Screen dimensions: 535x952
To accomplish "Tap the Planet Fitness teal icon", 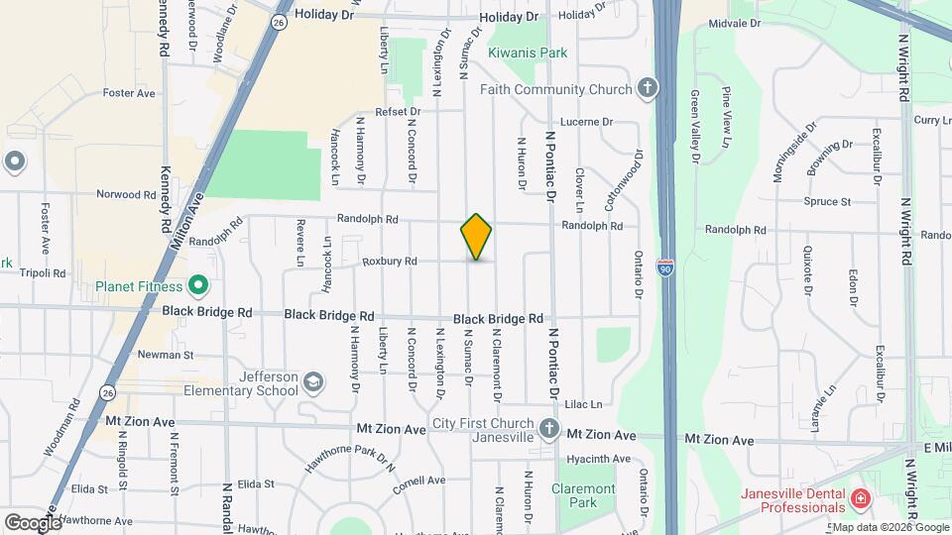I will click(x=197, y=287).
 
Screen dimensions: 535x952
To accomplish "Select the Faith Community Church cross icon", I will click(x=648, y=89).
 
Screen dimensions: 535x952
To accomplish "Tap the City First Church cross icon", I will click(x=549, y=429).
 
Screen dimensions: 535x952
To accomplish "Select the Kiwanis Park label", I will click(x=528, y=53).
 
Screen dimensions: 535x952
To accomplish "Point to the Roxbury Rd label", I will click(x=389, y=262).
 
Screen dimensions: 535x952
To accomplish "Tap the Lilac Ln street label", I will click(x=583, y=404).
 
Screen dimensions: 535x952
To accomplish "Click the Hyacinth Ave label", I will click(x=599, y=460).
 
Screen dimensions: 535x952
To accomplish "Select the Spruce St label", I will click(x=832, y=202).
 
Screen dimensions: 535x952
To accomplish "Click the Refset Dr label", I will click(x=398, y=112).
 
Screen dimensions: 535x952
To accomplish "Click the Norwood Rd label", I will click(x=126, y=194).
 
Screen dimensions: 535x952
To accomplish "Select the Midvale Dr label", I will click(x=735, y=22).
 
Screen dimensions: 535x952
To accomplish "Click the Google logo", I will click(x=33, y=521).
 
